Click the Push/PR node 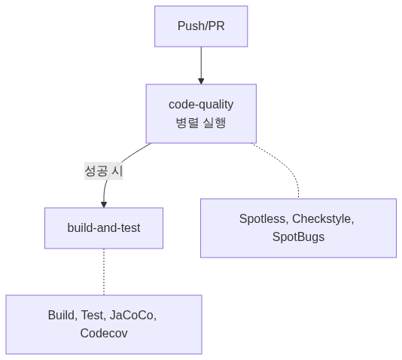(x=201, y=26)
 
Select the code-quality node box (x=201, y=113)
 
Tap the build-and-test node (x=104, y=228)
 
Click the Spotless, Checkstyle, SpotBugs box (x=298, y=228)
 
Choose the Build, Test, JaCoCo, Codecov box (x=104, y=324)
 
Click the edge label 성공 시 (x=103, y=171)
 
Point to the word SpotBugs (x=298, y=237)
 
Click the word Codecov (x=104, y=333)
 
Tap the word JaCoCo (x=132, y=315)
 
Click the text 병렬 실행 (x=201, y=123)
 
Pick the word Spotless (x=263, y=219)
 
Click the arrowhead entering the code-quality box (x=201, y=81)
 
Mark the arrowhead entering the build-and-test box (x=104, y=204)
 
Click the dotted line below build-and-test (x=104, y=271)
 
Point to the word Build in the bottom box (x=62, y=315)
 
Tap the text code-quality (x=201, y=104)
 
